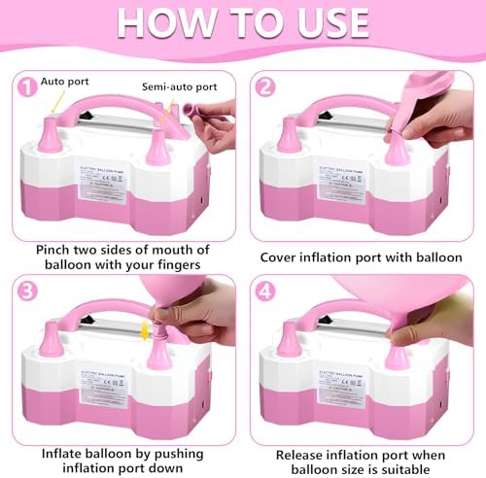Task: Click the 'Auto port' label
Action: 66,83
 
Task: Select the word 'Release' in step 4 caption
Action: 301,453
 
